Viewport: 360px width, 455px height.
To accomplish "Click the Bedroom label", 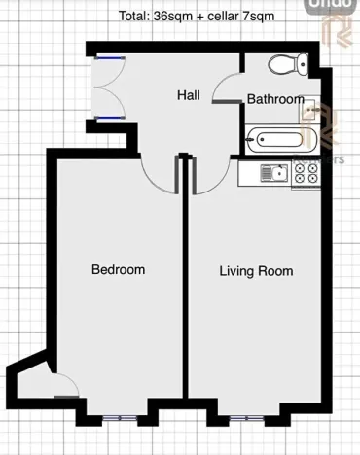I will coord(118,269).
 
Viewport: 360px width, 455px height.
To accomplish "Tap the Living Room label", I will coord(255,271).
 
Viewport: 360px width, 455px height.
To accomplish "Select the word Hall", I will coord(189,95).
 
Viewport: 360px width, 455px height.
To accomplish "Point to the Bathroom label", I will coord(274,99).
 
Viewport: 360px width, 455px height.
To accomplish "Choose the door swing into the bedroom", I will coord(160,176).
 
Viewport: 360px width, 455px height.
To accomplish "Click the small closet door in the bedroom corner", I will coord(63,386).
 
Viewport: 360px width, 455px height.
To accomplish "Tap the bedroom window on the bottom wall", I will coord(119,418).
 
